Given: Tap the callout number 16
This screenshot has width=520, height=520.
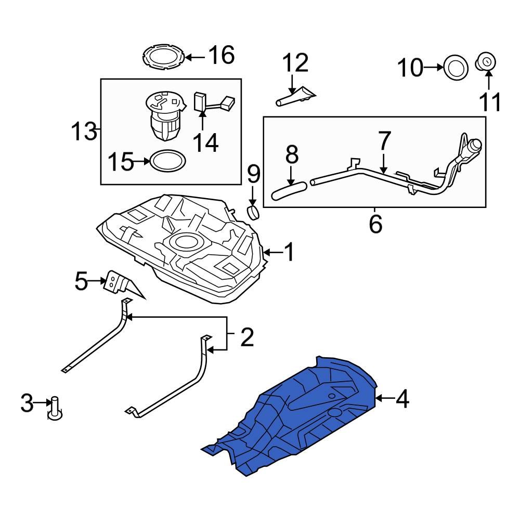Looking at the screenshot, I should pyautogui.click(x=222, y=56).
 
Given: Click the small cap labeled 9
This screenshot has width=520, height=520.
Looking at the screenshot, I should pyautogui.click(x=253, y=212).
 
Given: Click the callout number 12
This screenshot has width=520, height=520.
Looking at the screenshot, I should pyautogui.click(x=295, y=63).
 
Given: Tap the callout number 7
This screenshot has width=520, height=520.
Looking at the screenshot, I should pyautogui.click(x=384, y=141).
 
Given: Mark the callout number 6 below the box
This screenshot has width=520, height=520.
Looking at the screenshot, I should pyautogui.click(x=375, y=224).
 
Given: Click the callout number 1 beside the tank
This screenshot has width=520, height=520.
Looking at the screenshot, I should pyautogui.click(x=289, y=253).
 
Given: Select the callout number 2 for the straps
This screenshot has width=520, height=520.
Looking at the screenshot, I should pyautogui.click(x=246, y=337).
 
